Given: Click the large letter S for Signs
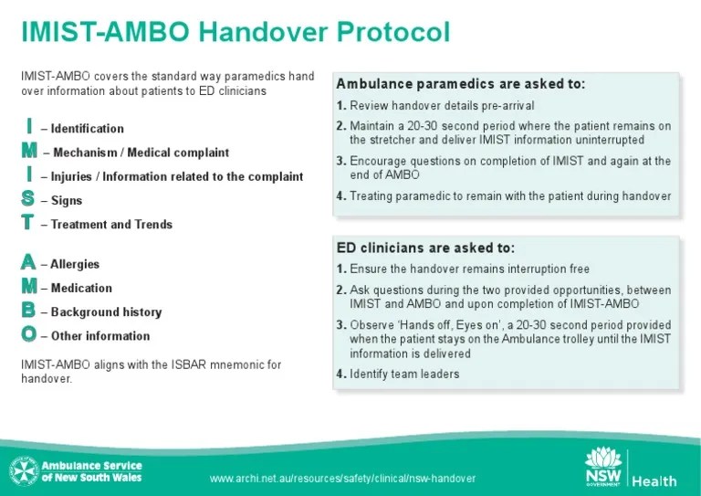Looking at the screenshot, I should (28, 198).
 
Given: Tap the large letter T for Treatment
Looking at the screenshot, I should (28, 222).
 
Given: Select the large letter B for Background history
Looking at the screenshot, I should (28, 311).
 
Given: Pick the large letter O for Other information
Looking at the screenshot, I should (28, 334).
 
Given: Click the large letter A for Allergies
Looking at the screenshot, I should (28, 263).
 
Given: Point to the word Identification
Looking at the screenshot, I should (88, 129).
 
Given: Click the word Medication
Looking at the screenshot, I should (81, 288).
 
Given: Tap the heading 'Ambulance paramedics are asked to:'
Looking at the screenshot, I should (460, 84).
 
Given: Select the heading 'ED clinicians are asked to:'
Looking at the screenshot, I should (425, 248).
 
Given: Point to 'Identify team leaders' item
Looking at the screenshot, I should (404, 374).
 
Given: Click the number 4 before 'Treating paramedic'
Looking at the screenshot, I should (340, 195).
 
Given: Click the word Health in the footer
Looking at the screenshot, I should (654, 481).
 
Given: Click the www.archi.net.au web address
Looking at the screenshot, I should (341, 480).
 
